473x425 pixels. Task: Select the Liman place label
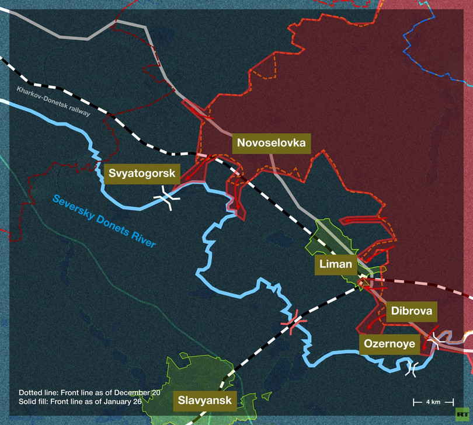click(x=336, y=264)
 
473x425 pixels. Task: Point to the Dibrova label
click(x=412, y=311)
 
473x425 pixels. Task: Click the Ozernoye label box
click(x=389, y=344)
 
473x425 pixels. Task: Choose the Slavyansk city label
click(x=204, y=401)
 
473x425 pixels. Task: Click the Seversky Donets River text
click(x=105, y=221)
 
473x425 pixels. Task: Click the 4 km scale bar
click(x=426, y=402)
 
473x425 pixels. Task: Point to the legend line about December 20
click(x=89, y=393)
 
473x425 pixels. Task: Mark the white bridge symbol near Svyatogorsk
click(x=166, y=198)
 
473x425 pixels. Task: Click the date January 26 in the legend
click(x=139, y=402)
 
